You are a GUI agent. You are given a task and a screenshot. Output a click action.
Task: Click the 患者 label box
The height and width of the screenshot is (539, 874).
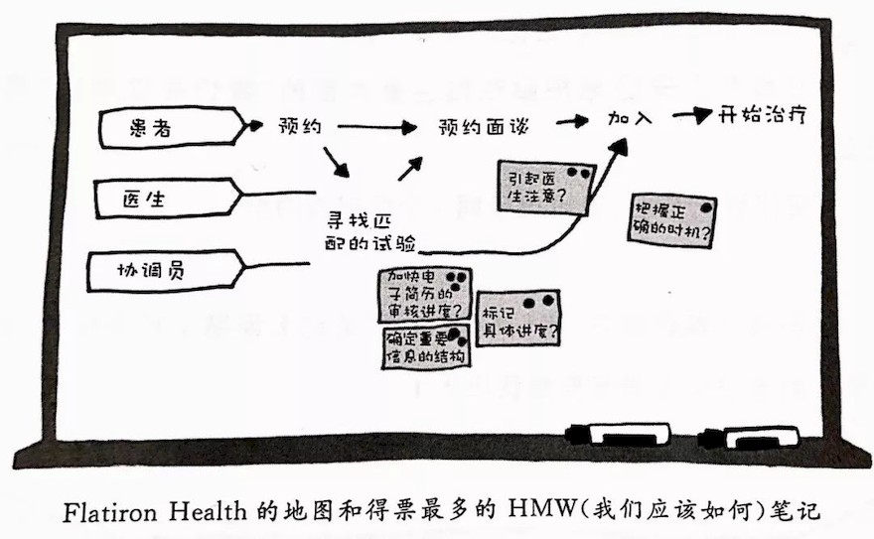(x=172, y=127)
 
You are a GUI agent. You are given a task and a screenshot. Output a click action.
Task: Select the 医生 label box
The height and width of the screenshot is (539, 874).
(x=167, y=199)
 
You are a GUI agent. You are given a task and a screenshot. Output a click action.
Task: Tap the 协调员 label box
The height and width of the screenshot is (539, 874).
(x=166, y=271)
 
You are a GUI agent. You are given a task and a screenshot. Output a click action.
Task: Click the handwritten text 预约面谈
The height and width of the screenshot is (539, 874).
(x=483, y=127)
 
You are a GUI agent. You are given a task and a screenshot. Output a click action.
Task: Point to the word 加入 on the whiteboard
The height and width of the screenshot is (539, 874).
(x=630, y=118)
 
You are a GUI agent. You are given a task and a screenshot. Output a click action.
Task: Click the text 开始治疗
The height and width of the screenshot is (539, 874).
(x=762, y=115)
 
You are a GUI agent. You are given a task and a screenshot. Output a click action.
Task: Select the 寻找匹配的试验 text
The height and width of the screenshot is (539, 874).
(x=370, y=232)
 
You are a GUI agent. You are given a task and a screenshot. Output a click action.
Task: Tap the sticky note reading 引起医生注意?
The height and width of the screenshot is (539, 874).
(x=545, y=187)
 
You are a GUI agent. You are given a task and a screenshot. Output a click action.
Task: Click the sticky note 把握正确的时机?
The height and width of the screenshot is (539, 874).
(x=672, y=220)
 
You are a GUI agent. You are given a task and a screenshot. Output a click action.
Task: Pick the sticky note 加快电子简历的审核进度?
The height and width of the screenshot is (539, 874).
(x=425, y=295)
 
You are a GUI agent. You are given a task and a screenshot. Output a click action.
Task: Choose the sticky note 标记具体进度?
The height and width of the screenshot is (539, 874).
(x=518, y=318)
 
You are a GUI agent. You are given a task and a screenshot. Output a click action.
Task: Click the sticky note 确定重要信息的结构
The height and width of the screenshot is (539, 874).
(x=426, y=346)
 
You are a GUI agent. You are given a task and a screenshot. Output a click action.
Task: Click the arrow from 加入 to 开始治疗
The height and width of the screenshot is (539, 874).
(x=692, y=115)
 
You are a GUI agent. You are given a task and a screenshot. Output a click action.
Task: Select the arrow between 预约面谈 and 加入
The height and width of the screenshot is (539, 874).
(x=572, y=120)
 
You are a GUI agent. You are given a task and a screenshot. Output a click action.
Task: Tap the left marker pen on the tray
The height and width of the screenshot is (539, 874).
(x=618, y=434)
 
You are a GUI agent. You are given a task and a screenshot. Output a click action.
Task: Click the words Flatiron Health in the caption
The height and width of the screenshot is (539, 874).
(x=154, y=511)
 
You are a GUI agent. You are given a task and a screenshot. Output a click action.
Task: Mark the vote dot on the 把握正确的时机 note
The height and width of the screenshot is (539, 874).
(x=706, y=207)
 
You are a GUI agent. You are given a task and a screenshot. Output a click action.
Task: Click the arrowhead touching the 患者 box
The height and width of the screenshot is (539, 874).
(x=254, y=126)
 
